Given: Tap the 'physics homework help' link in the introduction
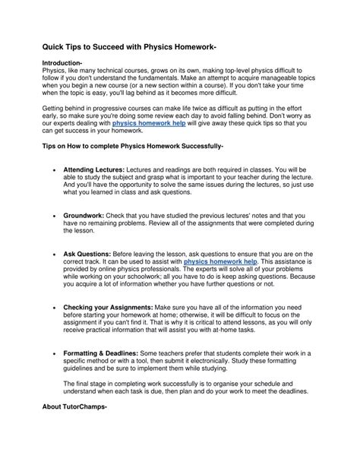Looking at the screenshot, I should coord(150,122).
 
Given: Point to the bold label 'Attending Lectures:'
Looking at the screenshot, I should coord(88,172).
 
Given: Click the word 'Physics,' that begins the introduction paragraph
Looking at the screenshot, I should coord(54,70).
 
